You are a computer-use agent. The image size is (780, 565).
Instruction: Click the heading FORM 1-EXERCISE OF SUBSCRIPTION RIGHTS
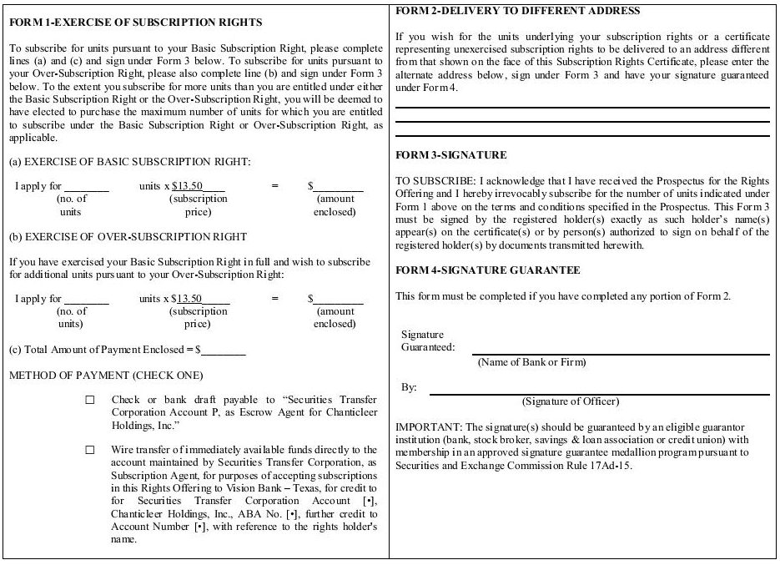[x=135, y=23]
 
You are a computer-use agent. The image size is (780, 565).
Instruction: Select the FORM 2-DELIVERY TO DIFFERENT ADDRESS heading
[x=517, y=11]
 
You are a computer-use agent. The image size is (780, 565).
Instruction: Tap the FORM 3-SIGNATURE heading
[x=450, y=155]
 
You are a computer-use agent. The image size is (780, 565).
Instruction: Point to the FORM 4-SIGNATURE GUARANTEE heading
[x=487, y=270]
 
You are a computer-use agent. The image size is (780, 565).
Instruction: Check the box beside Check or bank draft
[x=90, y=401]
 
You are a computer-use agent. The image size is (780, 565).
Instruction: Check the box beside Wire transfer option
[x=90, y=451]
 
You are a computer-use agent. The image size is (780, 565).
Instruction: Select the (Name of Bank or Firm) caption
[x=531, y=362]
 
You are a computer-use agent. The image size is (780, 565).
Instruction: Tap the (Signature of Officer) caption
[x=571, y=401]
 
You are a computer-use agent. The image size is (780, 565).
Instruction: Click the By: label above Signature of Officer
[x=409, y=388]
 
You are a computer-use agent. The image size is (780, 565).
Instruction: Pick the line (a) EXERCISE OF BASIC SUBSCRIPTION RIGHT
[x=129, y=162]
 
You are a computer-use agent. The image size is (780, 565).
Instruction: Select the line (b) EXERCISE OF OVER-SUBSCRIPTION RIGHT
[x=128, y=237]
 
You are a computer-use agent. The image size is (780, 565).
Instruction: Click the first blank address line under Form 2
[x=581, y=108]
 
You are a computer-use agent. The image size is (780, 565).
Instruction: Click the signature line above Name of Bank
[x=620, y=355]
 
